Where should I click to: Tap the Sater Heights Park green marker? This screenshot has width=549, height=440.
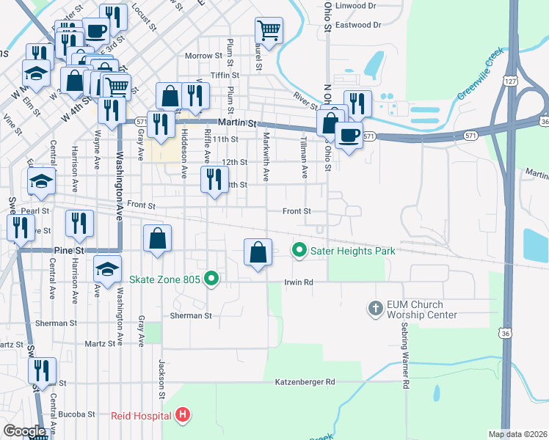(x=299, y=251)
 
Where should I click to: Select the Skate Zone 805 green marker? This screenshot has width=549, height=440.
(x=211, y=279)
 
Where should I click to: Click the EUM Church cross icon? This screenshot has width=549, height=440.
(x=375, y=308)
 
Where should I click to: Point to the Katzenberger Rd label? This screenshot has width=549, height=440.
(x=305, y=382)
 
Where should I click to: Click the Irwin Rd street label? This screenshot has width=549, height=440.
(x=299, y=282)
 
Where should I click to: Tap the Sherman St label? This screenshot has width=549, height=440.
(x=191, y=316)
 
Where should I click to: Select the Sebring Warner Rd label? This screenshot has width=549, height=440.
(x=404, y=358)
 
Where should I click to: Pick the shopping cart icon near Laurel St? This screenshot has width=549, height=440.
(x=269, y=31)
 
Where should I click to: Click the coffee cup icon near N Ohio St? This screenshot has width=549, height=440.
(x=349, y=134)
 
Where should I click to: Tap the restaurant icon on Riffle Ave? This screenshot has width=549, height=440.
(x=214, y=180)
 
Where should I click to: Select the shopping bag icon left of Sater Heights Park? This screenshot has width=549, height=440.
(x=258, y=252)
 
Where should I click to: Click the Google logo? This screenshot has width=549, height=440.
(x=24, y=431)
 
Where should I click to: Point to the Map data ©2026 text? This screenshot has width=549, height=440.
(x=517, y=434)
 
